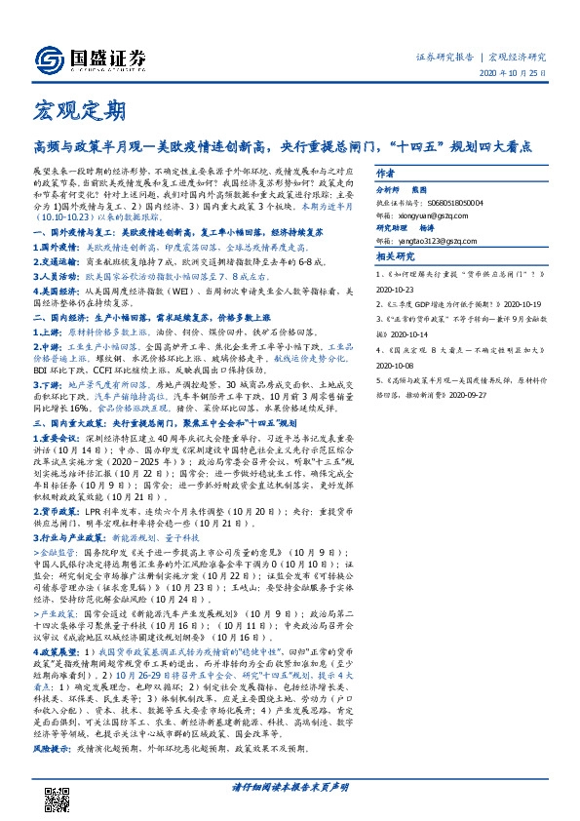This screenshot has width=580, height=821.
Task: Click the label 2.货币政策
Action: tap(58, 510)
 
